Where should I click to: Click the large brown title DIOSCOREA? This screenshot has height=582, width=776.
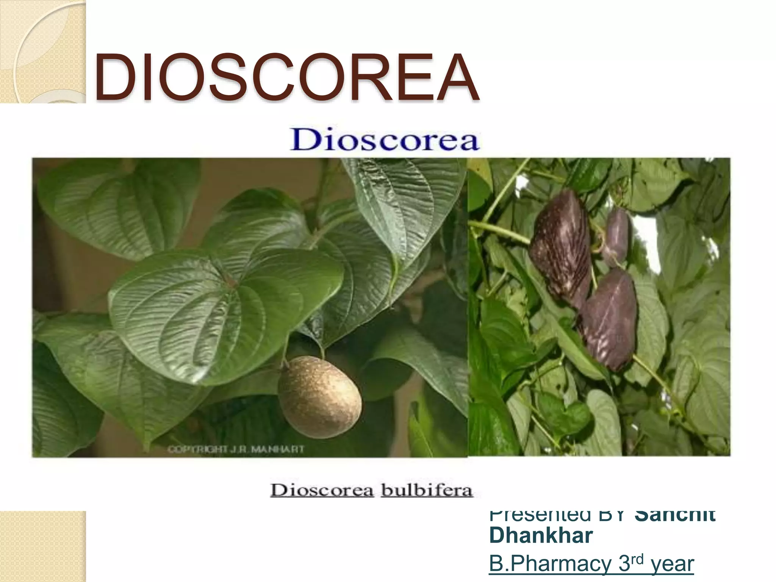click(286, 78)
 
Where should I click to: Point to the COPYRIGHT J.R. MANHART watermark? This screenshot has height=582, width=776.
click(236, 449)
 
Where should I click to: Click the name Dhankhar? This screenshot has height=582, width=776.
click(541, 535)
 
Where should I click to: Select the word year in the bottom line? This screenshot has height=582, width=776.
click(672, 564)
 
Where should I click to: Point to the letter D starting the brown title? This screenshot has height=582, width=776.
click(111, 78)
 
